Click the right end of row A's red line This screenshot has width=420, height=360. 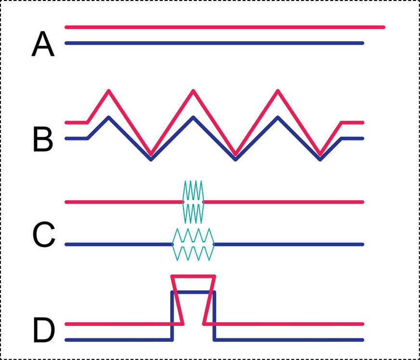tap(383, 27)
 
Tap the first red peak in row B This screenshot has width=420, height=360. tap(109, 91)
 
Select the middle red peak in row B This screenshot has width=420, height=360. tap(193, 91)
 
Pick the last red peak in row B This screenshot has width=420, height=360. tap(277, 91)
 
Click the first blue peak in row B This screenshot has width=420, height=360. tap(109, 117)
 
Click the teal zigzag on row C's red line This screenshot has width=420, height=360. tap(193, 201)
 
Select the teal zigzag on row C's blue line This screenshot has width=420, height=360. tap(193, 244)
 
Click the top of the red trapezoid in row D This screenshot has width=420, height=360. tap(193, 277)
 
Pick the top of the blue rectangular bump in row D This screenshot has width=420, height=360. tap(193, 292)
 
